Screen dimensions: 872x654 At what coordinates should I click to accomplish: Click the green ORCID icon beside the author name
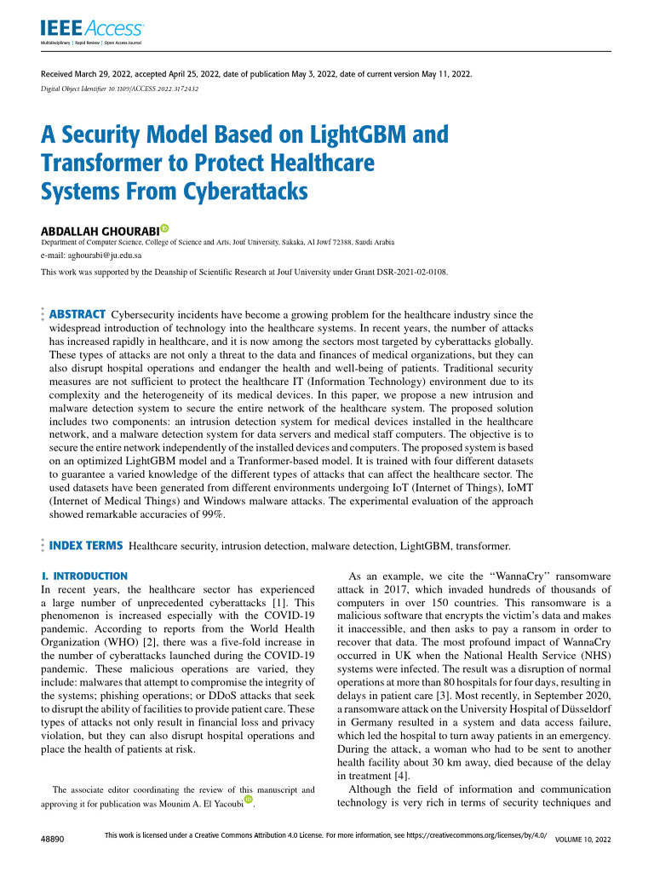coord(163,227)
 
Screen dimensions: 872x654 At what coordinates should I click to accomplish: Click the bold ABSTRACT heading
coord(78,314)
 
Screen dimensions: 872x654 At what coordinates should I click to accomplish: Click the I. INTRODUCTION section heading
coord(85,577)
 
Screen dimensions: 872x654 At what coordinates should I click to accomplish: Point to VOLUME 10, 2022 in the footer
coord(582,840)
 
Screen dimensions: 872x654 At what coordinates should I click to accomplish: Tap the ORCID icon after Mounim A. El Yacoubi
coord(249,800)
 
